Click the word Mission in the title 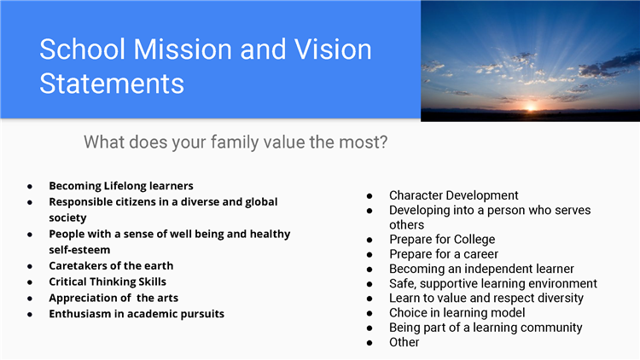coord(183,49)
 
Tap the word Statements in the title coord(112,84)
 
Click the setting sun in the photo coord(531,108)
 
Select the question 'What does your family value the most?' coord(236,142)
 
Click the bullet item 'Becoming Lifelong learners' coord(121,186)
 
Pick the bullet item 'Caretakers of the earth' coord(111,265)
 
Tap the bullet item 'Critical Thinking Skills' coord(108,282)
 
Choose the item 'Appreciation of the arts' coord(113,298)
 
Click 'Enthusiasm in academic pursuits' coord(137,314)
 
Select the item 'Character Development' coord(453,195)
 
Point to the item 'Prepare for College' coord(442,239)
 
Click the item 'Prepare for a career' coord(443,254)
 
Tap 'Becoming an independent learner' coord(481,269)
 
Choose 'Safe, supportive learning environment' coord(492,283)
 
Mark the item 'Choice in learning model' coord(457,312)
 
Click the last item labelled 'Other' coord(404,342)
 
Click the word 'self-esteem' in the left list coord(79,250)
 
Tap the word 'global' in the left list coord(261,202)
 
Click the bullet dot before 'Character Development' coord(369,196)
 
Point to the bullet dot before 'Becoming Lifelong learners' coord(30,187)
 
